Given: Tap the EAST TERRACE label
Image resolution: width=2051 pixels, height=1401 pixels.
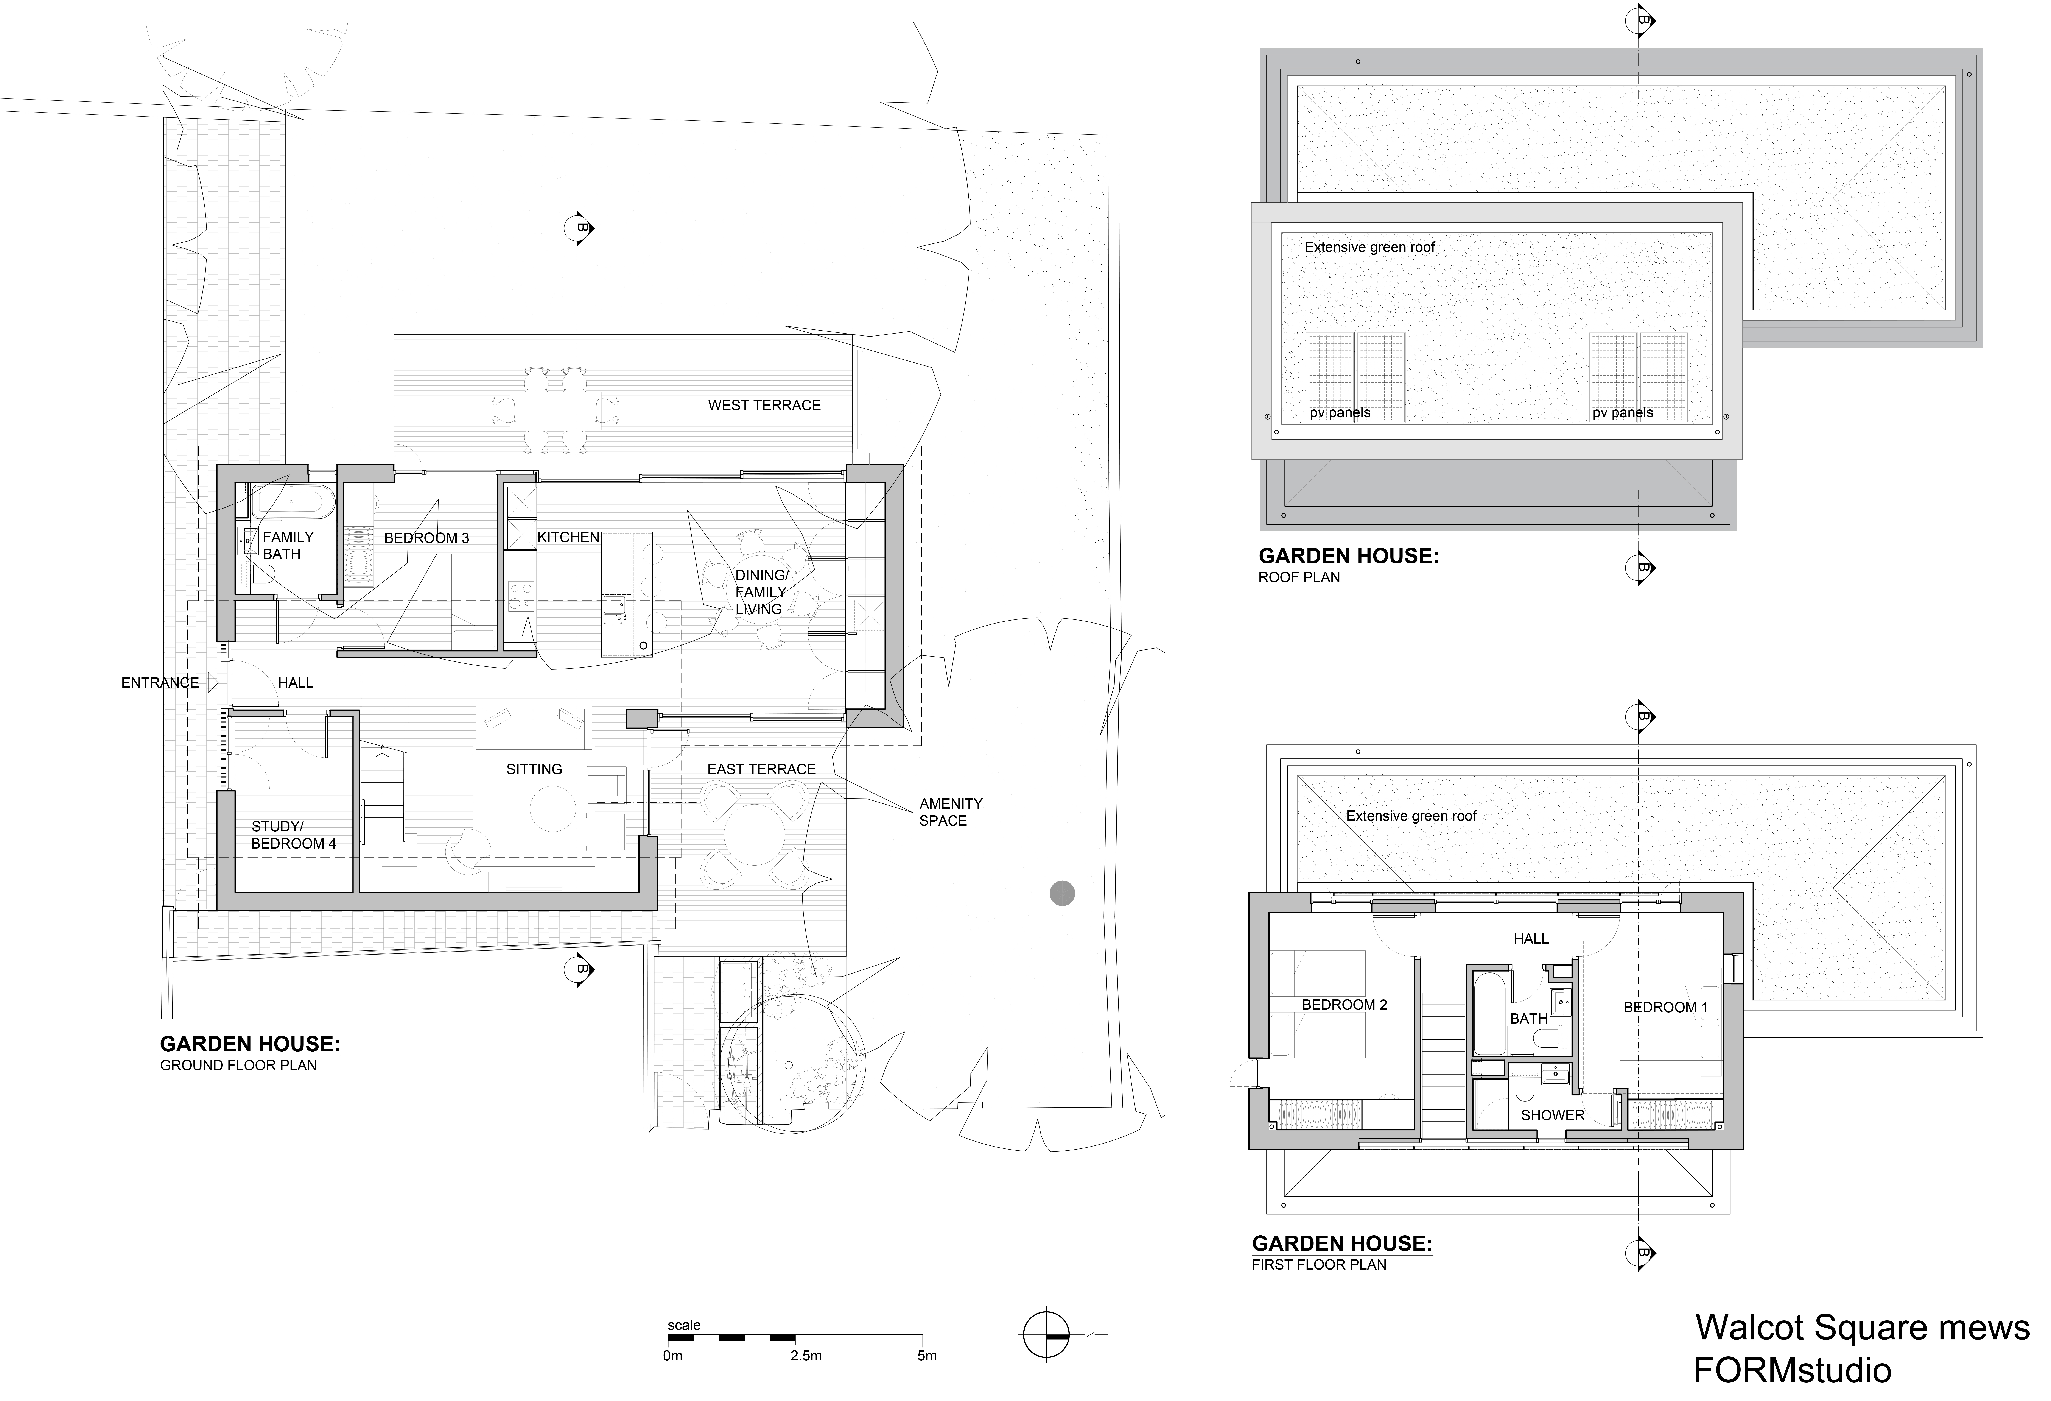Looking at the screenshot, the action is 761,769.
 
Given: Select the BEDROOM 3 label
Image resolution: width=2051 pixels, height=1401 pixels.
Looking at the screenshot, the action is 426,538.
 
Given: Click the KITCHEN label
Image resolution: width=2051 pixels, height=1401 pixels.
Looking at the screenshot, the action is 568,537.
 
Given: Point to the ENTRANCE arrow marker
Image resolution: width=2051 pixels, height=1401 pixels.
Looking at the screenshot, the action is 213,682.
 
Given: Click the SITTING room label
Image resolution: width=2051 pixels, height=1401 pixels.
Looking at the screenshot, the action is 534,769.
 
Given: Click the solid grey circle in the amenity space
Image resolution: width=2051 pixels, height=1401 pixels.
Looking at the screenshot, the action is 1062,893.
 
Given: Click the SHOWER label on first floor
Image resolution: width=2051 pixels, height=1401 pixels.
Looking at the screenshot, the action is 1552,1115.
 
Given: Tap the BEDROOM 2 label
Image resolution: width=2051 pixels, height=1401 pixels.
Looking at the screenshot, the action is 1344,1005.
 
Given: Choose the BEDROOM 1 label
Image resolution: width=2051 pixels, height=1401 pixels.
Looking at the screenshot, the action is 1665,1007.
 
